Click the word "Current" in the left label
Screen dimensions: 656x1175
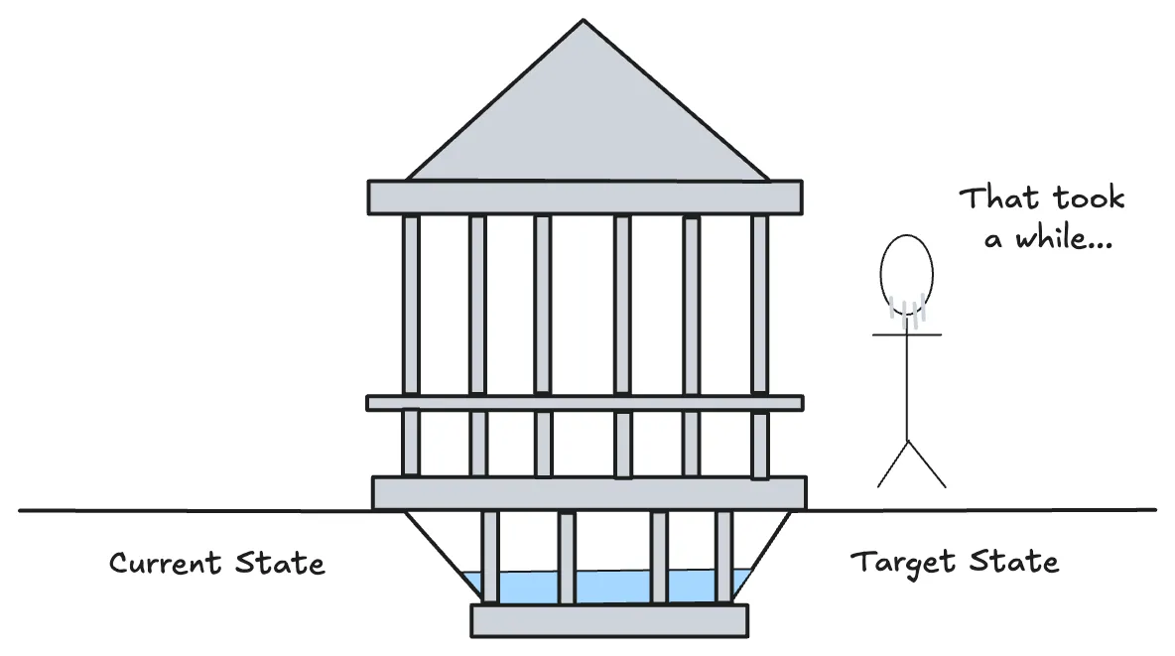click(x=165, y=564)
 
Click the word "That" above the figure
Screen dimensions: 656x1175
click(x=997, y=197)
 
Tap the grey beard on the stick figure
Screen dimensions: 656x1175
click(x=907, y=312)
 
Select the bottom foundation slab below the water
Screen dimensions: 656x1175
click(x=608, y=620)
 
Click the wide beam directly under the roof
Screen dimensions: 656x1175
click(x=585, y=197)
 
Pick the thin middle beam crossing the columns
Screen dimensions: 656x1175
click(x=585, y=403)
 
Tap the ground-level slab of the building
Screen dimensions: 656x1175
click(x=588, y=492)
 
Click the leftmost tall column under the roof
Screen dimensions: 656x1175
click(x=411, y=304)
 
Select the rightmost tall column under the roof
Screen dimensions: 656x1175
click(x=759, y=304)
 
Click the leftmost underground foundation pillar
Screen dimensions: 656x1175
click(x=489, y=556)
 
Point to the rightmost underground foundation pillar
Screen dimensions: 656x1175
click(x=723, y=556)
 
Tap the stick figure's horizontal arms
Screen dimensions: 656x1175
click(x=907, y=335)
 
